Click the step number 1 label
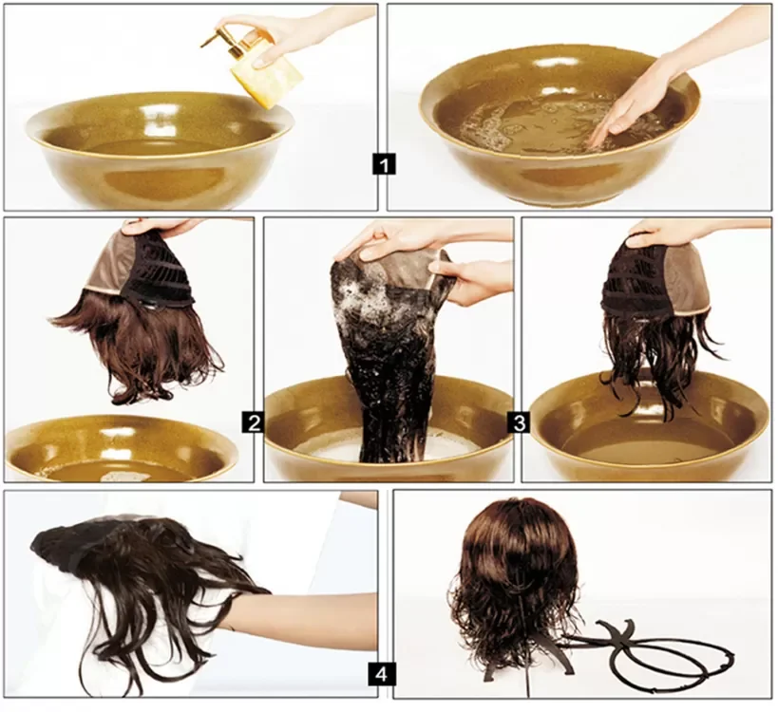tap(384, 163)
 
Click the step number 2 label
tap(254, 422)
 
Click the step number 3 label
tap(519, 422)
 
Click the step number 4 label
tap(381, 674)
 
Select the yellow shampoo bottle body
tap(266, 80)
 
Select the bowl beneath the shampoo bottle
tap(154, 149)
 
